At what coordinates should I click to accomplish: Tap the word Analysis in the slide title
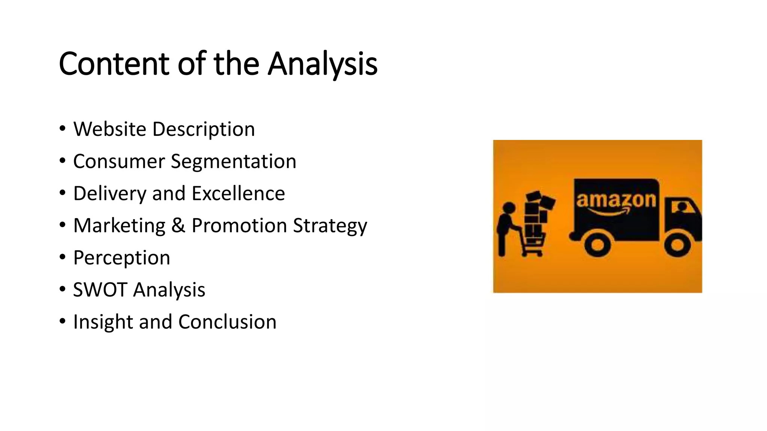[322, 64]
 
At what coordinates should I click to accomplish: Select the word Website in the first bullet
[110, 129]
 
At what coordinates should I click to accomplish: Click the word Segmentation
[233, 162]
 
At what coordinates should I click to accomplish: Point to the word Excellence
[238, 193]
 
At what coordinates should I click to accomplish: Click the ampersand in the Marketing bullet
[178, 226]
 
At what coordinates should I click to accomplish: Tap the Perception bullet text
[121, 258]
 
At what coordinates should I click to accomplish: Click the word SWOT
[100, 290]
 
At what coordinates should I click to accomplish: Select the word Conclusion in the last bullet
[227, 322]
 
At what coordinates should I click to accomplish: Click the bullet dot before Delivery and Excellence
[63, 193]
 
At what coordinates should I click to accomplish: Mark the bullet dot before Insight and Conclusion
[63, 321]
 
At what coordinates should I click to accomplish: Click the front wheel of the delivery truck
[677, 245]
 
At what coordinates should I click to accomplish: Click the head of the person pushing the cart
[509, 208]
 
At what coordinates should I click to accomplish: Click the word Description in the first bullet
[203, 129]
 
